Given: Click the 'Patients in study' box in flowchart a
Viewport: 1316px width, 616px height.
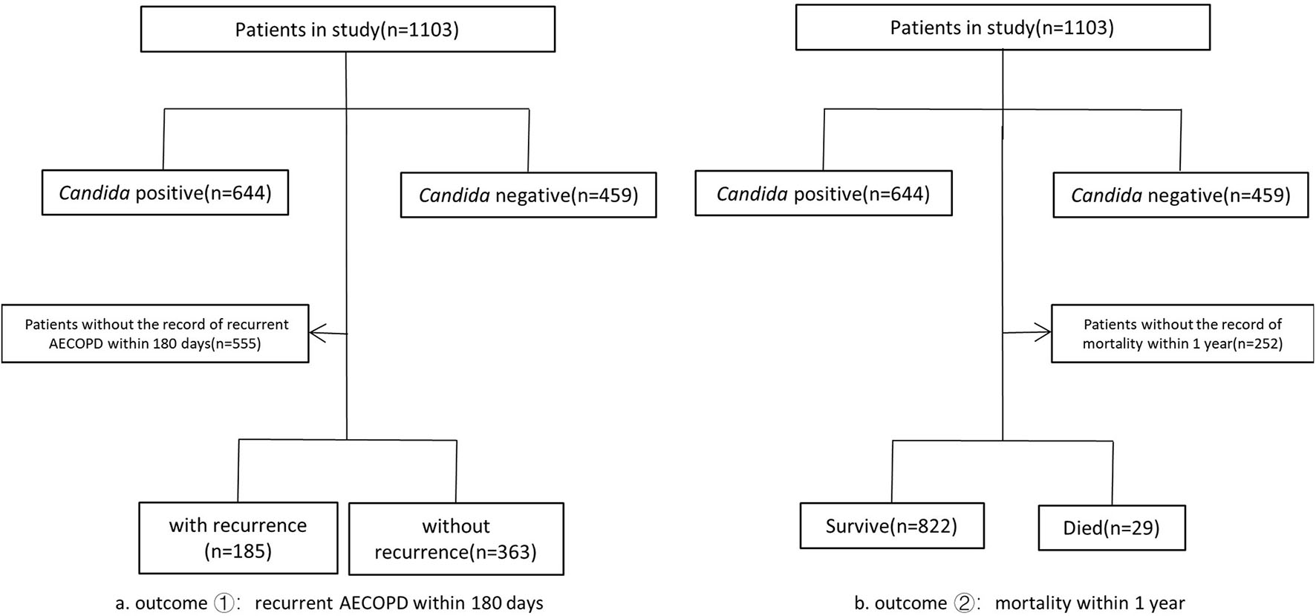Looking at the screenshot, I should click(348, 30).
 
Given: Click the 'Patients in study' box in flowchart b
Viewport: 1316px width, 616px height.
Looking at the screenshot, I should click(1003, 28).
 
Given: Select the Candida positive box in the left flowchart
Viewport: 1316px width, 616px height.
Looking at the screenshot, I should click(165, 193).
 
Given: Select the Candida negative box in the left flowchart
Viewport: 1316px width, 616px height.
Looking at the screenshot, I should click(528, 195).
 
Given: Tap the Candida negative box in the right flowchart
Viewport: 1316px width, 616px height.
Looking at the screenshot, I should click(1180, 195).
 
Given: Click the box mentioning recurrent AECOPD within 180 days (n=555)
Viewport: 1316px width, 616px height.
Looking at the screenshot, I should click(155, 334).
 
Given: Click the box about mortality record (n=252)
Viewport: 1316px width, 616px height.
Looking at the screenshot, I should click(1182, 334).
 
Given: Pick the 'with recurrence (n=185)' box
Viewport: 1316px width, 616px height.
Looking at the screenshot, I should click(238, 538).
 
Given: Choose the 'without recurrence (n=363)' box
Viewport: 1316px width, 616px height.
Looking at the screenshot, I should click(456, 539).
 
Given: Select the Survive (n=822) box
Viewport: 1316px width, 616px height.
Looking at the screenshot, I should click(891, 526).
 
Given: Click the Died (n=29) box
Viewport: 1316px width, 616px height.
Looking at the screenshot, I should click(1111, 528).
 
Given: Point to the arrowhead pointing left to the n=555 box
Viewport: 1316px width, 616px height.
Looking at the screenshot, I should click(315, 333).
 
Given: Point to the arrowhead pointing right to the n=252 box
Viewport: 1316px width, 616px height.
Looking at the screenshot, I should click(1046, 333).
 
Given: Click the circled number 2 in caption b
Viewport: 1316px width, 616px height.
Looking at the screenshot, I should click(964, 603).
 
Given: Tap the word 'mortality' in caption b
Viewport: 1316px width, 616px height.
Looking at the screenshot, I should click(1029, 603).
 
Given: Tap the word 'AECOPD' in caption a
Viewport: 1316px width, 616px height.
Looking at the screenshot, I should click(369, 603).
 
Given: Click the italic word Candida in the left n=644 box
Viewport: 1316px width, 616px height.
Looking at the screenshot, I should click(94, 193).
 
